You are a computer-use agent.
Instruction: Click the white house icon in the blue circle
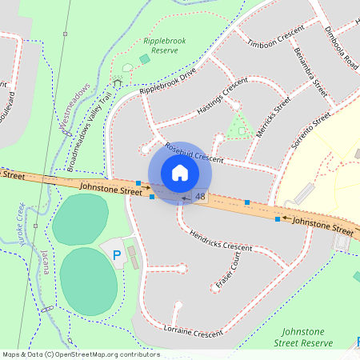point(180,173)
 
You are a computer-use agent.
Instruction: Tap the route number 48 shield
point(199,197)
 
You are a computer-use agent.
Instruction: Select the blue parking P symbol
point(117,256)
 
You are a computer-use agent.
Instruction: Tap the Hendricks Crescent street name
point(220,241)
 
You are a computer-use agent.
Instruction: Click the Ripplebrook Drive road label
point(167,82)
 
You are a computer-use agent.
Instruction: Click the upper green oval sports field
point(80,219)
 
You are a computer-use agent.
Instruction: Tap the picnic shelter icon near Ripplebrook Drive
point(118,82)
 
